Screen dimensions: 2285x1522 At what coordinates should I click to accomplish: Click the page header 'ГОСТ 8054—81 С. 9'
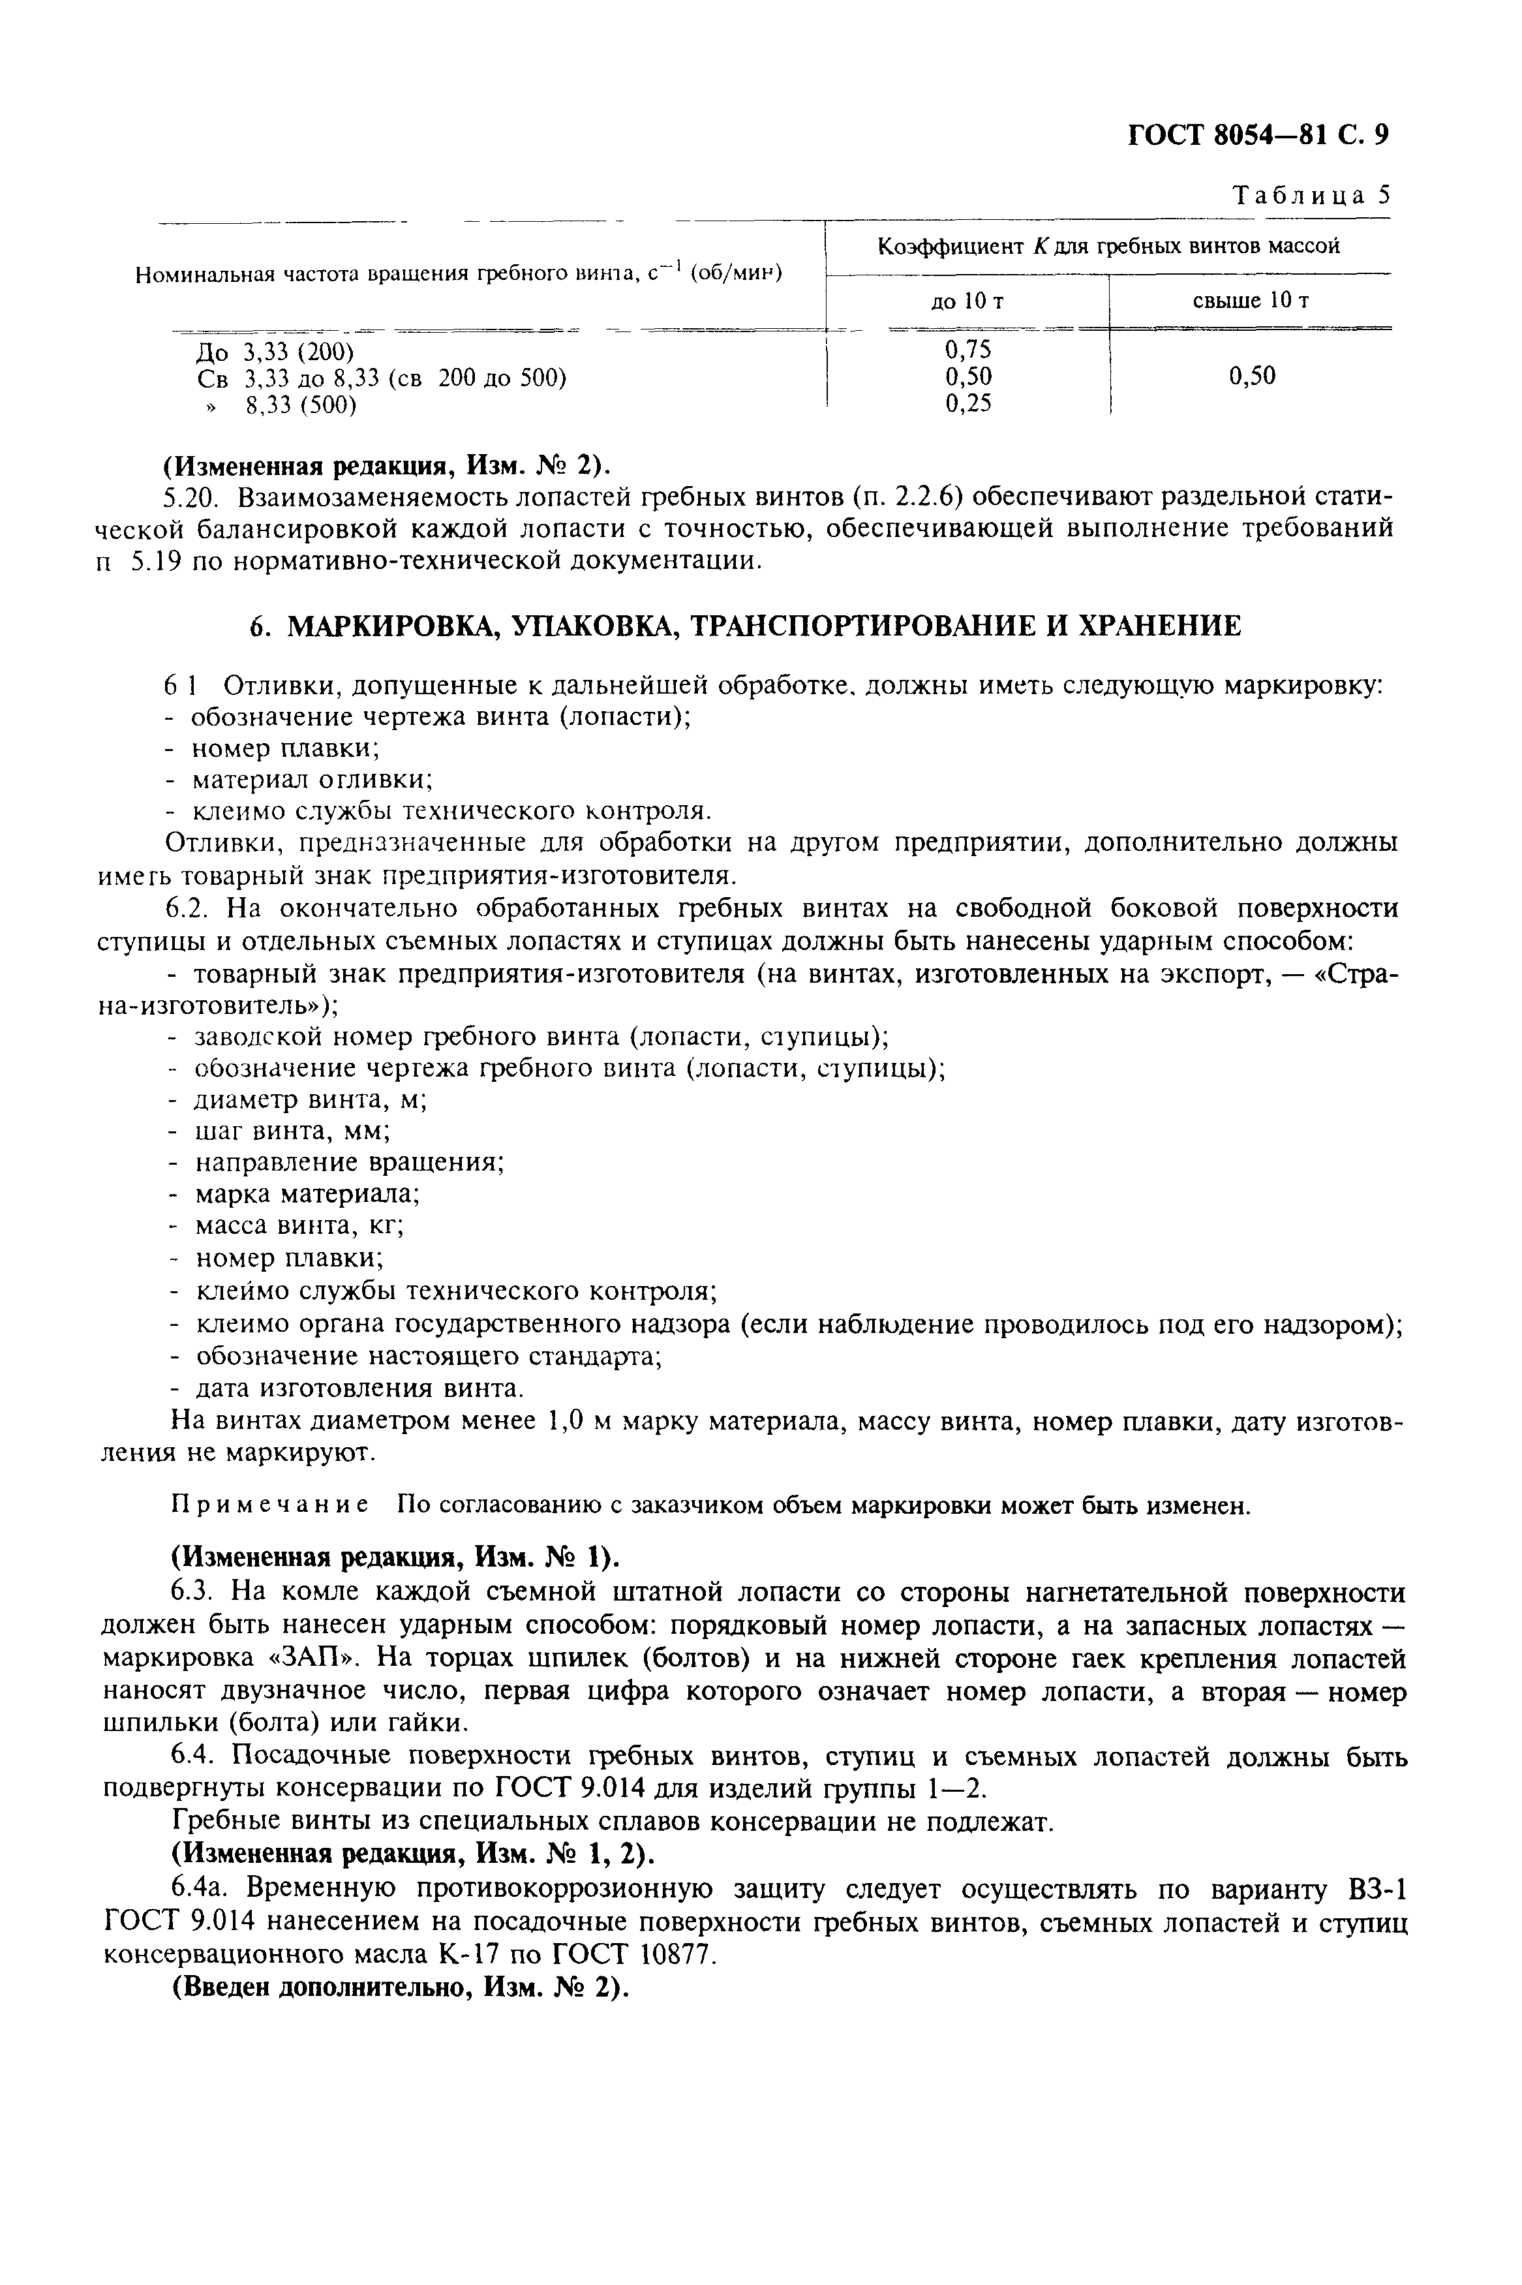(x=1258, y=136)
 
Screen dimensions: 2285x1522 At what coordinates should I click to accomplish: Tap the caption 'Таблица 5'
(x=1311, y=195)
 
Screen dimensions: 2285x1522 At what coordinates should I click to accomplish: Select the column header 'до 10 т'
(x=967, y=302)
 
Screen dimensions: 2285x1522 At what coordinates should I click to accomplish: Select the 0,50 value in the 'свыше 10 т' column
(x=1252, y=376)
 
